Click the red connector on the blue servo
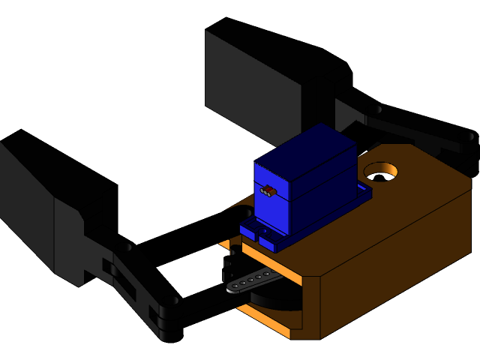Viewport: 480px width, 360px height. pyautogui.click(x=268, y=191)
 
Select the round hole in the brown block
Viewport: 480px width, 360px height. pyautogui.click(x=381, y=172)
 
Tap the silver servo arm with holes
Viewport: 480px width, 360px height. pyautogui.click(x=255, y=280)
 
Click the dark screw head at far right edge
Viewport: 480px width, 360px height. pyautogui.click(x=470, y=136)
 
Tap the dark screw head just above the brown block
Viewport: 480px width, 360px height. pyautogui.click(x=377, y=109)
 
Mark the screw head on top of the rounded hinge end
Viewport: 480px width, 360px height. pyautogui.click(x=174, y=301)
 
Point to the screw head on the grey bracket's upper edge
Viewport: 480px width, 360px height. pyautogui.click(x=129, y=247)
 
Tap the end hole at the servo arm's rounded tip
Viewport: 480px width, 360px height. pyautogui.click(x=233, y=287)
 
